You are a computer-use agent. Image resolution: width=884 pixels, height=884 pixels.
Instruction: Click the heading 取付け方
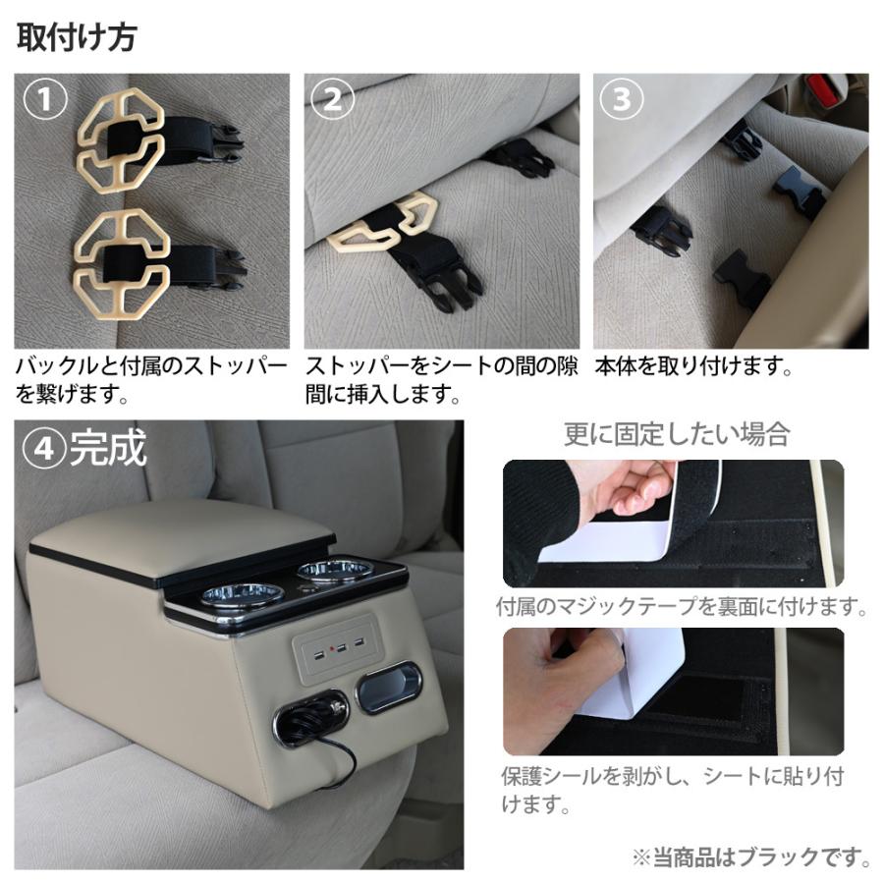77,37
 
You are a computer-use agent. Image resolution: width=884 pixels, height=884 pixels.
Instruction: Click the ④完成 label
86,449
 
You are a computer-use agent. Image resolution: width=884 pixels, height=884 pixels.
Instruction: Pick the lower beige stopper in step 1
120,259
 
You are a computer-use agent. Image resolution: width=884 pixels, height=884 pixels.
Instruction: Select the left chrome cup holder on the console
242,595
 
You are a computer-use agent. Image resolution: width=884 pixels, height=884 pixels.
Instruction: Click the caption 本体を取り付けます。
693,368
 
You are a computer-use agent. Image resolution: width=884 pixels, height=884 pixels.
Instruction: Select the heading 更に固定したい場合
676,433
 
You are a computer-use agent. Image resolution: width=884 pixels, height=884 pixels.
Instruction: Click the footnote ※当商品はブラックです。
751,856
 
